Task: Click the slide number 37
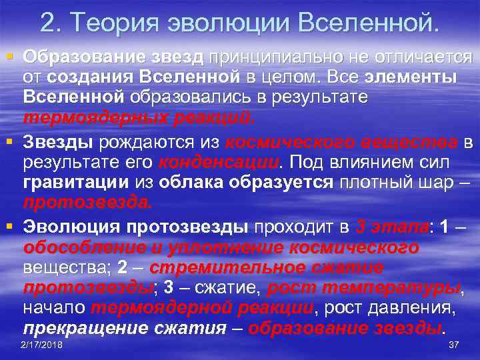454,345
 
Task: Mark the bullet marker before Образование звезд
8,56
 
